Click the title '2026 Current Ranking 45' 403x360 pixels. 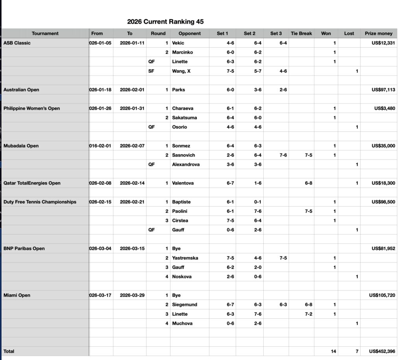point(165,22)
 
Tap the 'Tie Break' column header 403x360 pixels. point(301,33)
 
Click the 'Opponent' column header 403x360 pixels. point(189,33)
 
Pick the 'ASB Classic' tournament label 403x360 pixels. point(17,43)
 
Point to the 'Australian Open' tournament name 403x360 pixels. point(21,90)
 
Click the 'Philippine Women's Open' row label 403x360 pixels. point(31,108)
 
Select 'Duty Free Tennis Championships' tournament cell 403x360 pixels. point(40,202)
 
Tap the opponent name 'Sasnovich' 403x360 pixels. point(183,155)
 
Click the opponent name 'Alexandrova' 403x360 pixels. point(186,164)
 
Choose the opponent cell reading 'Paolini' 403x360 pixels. point(181,211)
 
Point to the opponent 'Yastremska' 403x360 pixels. point(185,258)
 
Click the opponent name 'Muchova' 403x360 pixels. point(182,323)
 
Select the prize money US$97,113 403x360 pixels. point(383,90)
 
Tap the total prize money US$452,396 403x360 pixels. point(381,351)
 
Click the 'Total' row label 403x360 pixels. point(9,351)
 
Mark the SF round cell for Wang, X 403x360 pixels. point(152,71)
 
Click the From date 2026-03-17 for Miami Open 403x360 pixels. point(100,295)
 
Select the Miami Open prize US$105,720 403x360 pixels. point(381,295)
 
